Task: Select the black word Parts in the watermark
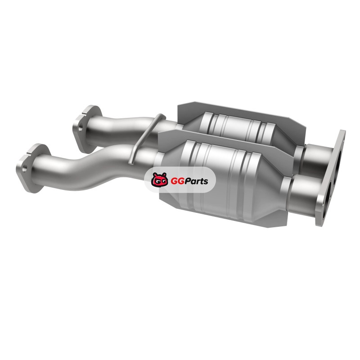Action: (x=195, y=181)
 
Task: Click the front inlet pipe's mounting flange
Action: (x=32, y=168)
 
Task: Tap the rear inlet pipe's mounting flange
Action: (x=87, y=129)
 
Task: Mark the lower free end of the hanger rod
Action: (x=130, y=163)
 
